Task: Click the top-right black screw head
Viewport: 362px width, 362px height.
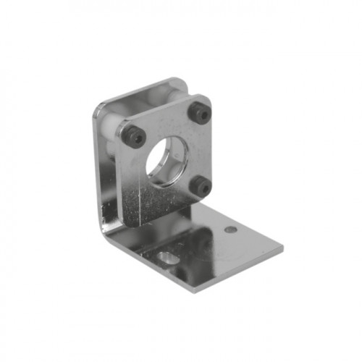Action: (x=201, y=114)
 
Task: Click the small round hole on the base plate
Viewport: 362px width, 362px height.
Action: (x=230, y=230)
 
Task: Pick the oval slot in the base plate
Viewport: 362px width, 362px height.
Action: (x=164, y=258)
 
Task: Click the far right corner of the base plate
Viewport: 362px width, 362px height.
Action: (x=282, y=251)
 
